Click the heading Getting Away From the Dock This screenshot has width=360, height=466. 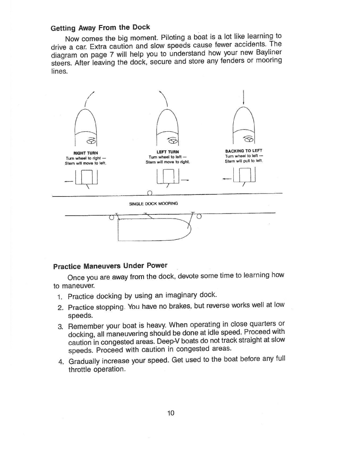click(x=100, y=28)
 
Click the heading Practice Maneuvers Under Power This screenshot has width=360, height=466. click(x=110, y=266)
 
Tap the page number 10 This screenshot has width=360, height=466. click(x=171, y=413)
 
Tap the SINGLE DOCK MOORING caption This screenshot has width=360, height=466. click(x=153, y=203)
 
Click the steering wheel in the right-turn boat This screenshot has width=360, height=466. click(x=90, y=141)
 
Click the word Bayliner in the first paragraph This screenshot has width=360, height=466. click(x=266, y=52)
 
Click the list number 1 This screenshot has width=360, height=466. click(x=60, y=295)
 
